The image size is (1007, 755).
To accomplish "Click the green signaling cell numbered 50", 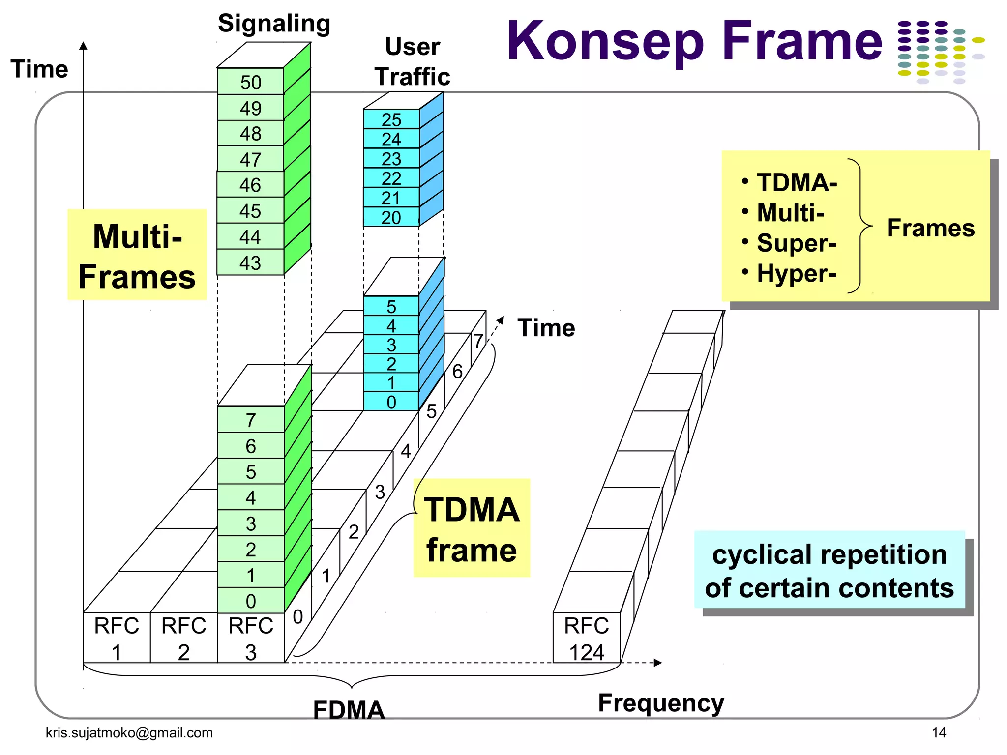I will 250,82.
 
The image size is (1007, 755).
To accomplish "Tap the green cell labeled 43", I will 250,263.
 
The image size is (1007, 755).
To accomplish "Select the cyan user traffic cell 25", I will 391,119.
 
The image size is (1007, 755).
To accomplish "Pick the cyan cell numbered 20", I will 391,217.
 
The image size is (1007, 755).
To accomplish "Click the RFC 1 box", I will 117,638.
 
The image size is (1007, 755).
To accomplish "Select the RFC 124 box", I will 586,638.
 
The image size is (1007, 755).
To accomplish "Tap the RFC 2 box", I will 183,638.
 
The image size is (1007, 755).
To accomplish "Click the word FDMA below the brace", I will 349,710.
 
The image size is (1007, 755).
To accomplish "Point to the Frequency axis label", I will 661,703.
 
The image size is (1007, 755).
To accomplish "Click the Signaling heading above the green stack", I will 274,24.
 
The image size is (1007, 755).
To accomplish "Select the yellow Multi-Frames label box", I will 137,255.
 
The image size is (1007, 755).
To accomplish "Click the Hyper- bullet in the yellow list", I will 796,273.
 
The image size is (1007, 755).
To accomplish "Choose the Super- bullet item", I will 796,243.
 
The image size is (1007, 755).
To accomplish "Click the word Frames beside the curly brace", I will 930,228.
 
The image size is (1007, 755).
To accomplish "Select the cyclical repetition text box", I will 829,570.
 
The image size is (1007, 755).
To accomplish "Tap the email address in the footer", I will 129,732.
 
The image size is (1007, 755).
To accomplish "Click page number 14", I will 939,732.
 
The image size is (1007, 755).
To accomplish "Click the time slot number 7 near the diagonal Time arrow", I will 478,341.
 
